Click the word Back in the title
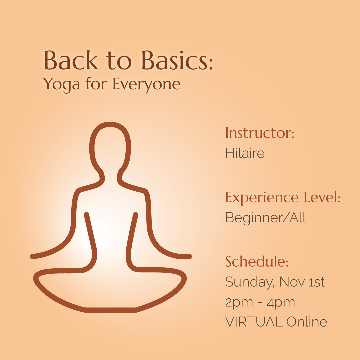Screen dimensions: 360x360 (71, 60)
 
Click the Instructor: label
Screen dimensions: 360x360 (260, 133)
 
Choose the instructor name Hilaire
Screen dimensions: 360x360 (245, 153)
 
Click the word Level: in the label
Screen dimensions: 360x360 (322, 197)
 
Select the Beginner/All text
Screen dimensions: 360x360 (266, 218)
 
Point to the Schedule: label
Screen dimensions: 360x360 (257, 261)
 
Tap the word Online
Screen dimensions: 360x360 (307, 321)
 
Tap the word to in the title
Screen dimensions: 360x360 (119, 61)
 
